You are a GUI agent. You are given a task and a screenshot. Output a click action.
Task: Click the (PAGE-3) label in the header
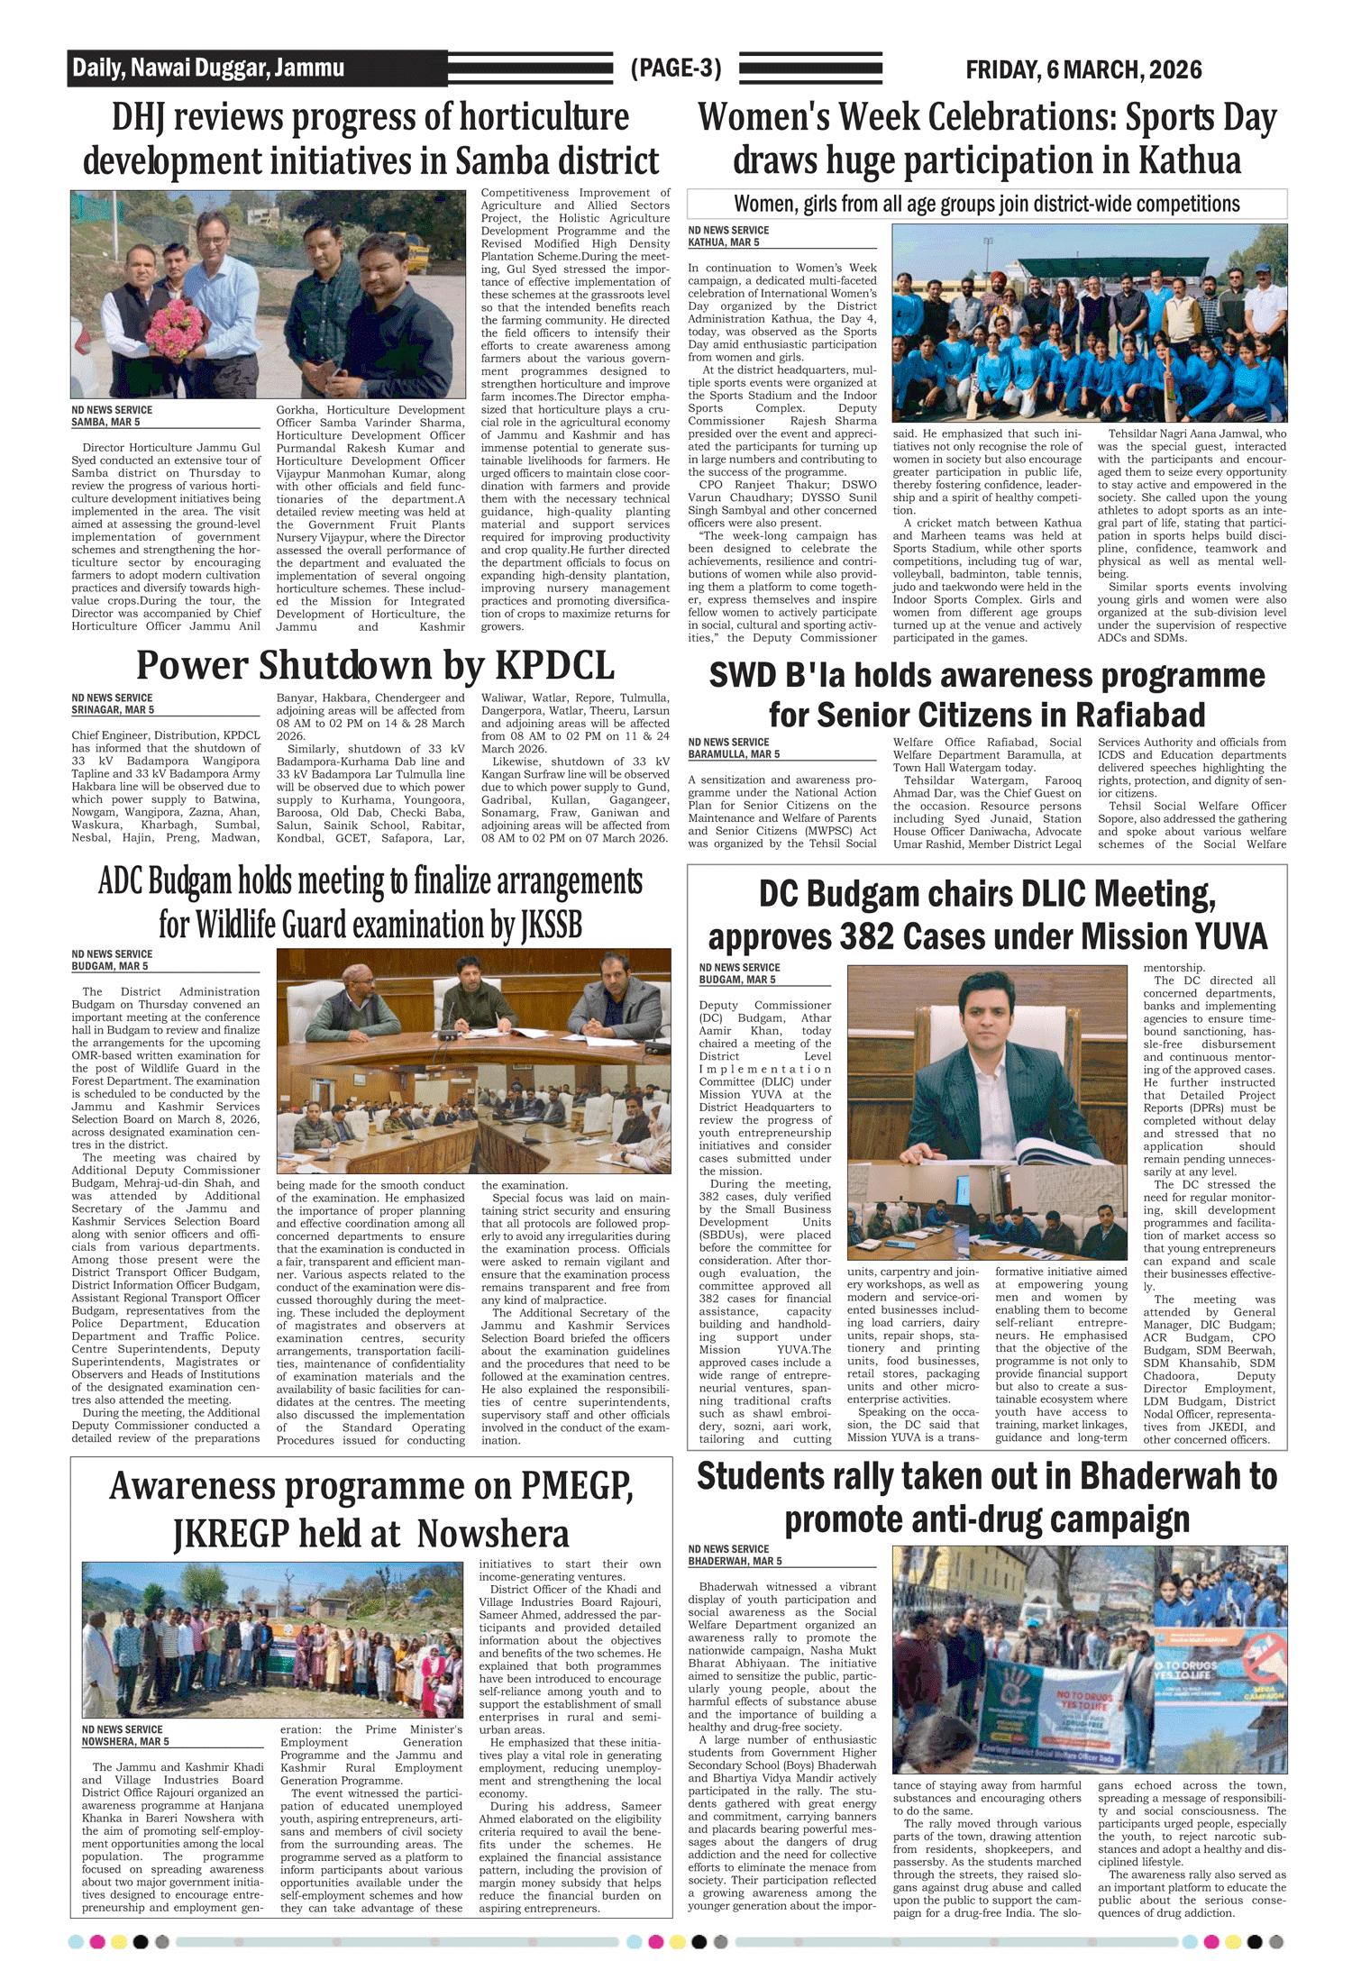point(676,68)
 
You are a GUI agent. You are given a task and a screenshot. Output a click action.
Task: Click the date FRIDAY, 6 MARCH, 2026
point(1083,69)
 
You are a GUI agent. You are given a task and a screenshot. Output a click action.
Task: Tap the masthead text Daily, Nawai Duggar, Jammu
point(208,68)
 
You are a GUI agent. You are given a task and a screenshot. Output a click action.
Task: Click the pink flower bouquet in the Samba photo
point(178,327)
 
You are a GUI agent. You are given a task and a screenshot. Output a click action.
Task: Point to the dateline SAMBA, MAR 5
point(106,423)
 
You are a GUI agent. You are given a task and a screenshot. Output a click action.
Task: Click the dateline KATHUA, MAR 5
point(724,242)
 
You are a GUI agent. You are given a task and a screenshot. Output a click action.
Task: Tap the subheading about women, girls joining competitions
point(987,205)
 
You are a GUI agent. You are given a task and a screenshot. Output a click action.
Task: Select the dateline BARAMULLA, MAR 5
point(734,754)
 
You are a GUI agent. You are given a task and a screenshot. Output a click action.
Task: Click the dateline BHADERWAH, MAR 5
point(735,1561)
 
